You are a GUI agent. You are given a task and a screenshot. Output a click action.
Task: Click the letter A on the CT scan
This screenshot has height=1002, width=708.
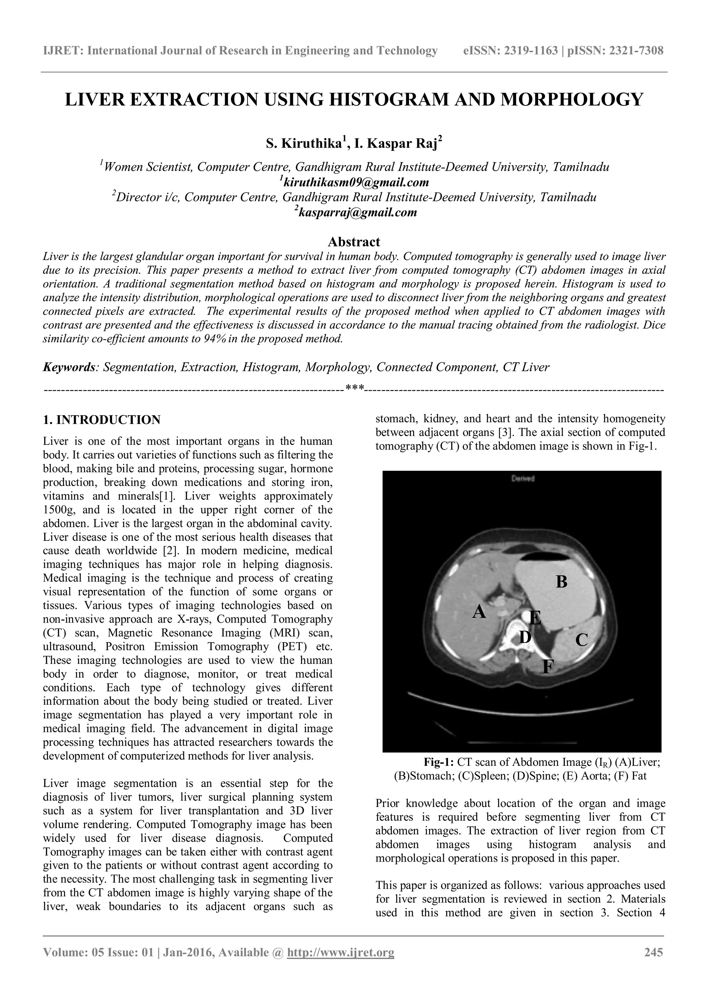click(x=479, y=612)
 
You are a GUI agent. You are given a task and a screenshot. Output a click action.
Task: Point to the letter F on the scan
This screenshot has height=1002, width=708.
click(x=548, y=667)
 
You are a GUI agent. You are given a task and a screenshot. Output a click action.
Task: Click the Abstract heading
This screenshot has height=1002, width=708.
click(x=354, y=242)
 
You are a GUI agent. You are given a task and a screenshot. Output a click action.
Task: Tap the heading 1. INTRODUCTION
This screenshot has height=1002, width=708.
click(x=102, y=420)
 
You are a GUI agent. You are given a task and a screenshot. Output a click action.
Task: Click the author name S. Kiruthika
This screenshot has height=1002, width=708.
click(x=304, y=143)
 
